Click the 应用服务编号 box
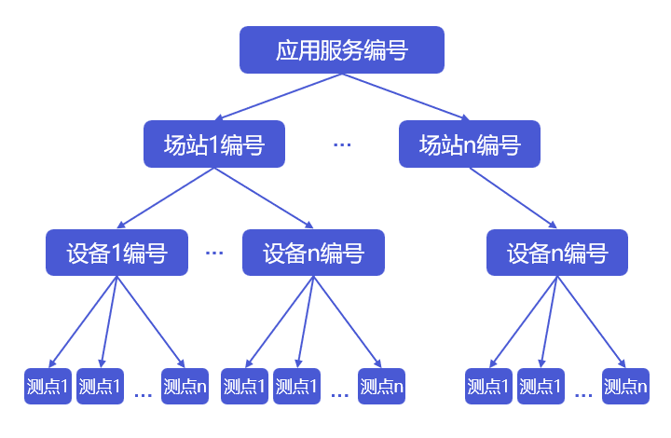tap(341, 50)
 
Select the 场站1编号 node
tap(213, 144)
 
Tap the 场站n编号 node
tap(469, 144)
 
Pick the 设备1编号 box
tap(116, 253)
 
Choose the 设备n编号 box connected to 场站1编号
tap(312, 253)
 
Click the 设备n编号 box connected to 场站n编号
tap(557, 253)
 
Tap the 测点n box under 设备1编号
tap(185, 386)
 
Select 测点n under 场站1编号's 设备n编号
tap(381, 386)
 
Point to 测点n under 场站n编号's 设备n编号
tap(625, 386)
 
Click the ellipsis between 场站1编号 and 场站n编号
tap(342, 144)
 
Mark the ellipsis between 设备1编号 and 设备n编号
tap(214, 253)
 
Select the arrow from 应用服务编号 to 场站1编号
tap(280, 97)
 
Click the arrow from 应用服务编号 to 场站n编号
tap(405, 97)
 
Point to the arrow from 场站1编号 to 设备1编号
tap(165, 198)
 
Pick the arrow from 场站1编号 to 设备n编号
tap(263, 198)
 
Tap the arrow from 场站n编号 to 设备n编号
tap(513, 198)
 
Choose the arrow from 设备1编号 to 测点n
tap(149, 322)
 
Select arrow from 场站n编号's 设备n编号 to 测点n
tap(590, 322)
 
